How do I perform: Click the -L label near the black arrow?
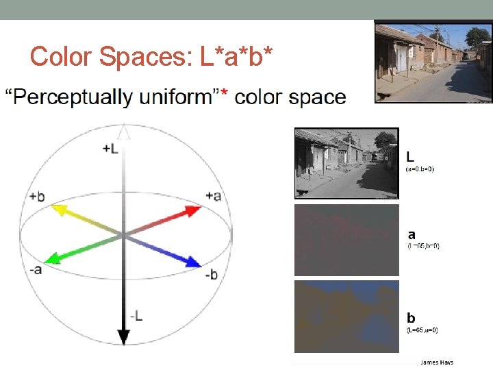(137, 315)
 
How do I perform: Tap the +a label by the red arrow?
(214, 196)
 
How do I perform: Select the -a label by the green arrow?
(36, 269)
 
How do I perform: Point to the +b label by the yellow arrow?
(37, 197)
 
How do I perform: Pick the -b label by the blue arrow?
(211, 275)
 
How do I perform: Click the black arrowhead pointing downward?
(123, 336)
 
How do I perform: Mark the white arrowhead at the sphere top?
(123, 132)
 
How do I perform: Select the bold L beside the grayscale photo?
(410, 156)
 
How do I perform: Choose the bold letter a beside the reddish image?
(412, 234)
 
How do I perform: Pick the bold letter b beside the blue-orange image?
(411, 317)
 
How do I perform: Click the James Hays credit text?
(437, 362)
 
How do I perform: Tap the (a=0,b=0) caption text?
(420, 169)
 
